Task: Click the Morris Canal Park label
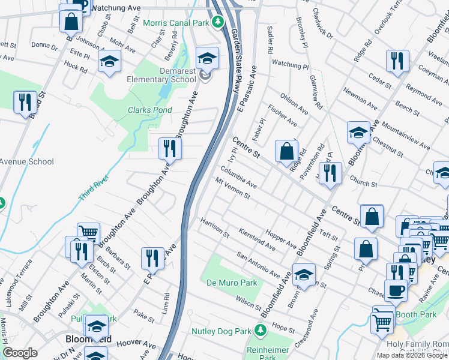tap(176, 23)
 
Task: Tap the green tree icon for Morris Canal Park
tap(218, 23)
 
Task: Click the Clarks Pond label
tap(149, 110)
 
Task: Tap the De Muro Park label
tap(231, 282)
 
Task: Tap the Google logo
tap(20, 353)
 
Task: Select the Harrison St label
tap(215, 226)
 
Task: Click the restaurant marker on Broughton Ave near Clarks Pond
tap(170, 148)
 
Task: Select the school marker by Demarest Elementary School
tap(207, 58)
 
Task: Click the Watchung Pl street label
tap(289, 64)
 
